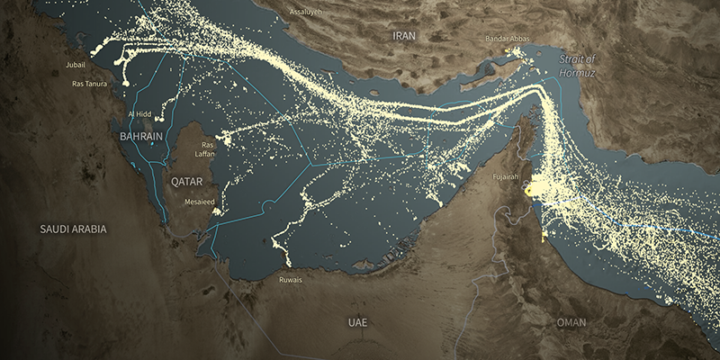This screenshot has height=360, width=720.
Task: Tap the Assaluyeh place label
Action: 309,12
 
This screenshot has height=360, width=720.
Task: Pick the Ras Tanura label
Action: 89,84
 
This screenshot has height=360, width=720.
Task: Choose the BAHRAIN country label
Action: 141,136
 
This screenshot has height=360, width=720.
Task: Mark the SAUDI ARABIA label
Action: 73,229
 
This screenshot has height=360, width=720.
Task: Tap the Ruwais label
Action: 290,280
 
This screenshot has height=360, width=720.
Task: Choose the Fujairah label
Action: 506,177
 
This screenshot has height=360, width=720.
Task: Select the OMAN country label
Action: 571,322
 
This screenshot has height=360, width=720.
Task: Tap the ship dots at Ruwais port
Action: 288,262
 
